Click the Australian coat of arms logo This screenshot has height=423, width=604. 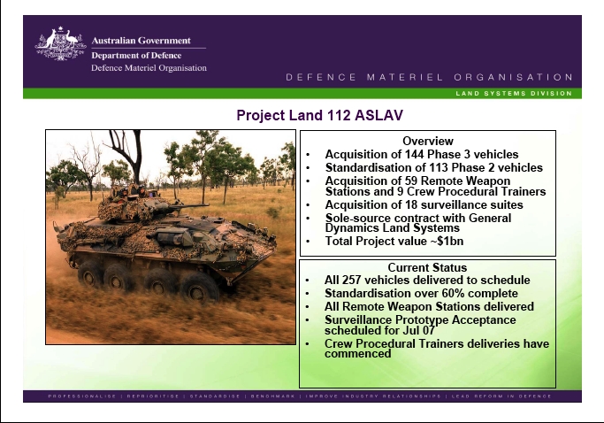pos(60,43)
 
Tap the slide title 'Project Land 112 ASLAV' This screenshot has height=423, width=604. pos(320,115)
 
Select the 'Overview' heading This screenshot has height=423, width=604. pos(428,141)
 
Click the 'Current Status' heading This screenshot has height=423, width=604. pos(427,267)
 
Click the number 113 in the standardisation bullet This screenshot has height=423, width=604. pos(438,167)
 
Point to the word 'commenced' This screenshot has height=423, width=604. pos(357,354)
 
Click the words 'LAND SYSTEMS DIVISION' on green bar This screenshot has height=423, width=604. pos(514,93)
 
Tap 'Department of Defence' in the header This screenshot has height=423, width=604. pos(136,56)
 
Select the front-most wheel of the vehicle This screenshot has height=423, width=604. pos(199,288)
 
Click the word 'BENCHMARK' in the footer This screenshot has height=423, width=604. pos(272,396)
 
